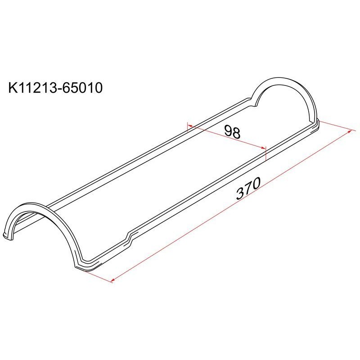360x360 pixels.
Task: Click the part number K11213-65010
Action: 55,88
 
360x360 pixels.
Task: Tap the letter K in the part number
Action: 13,88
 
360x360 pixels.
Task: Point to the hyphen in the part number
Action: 60,89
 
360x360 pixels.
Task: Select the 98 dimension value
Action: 232,131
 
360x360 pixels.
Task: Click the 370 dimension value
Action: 248,188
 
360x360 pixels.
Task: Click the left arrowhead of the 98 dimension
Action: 190,126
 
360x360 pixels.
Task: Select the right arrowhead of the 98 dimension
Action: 263,148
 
